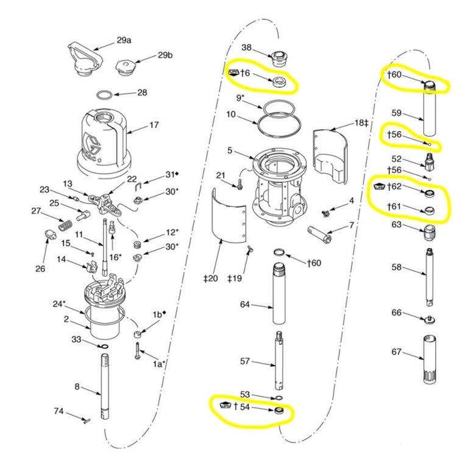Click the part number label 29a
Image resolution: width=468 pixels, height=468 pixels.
click(124, 41)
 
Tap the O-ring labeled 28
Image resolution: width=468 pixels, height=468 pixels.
click(105, 95)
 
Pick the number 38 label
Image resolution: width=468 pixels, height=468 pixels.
click(247, 47)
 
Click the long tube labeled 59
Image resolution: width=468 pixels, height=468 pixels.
click(430, 113)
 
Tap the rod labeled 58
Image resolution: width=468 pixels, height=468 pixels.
click(430, 277)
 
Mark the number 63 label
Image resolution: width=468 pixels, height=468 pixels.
click(397, 225)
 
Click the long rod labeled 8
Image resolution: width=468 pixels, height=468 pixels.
click(103, 387)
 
